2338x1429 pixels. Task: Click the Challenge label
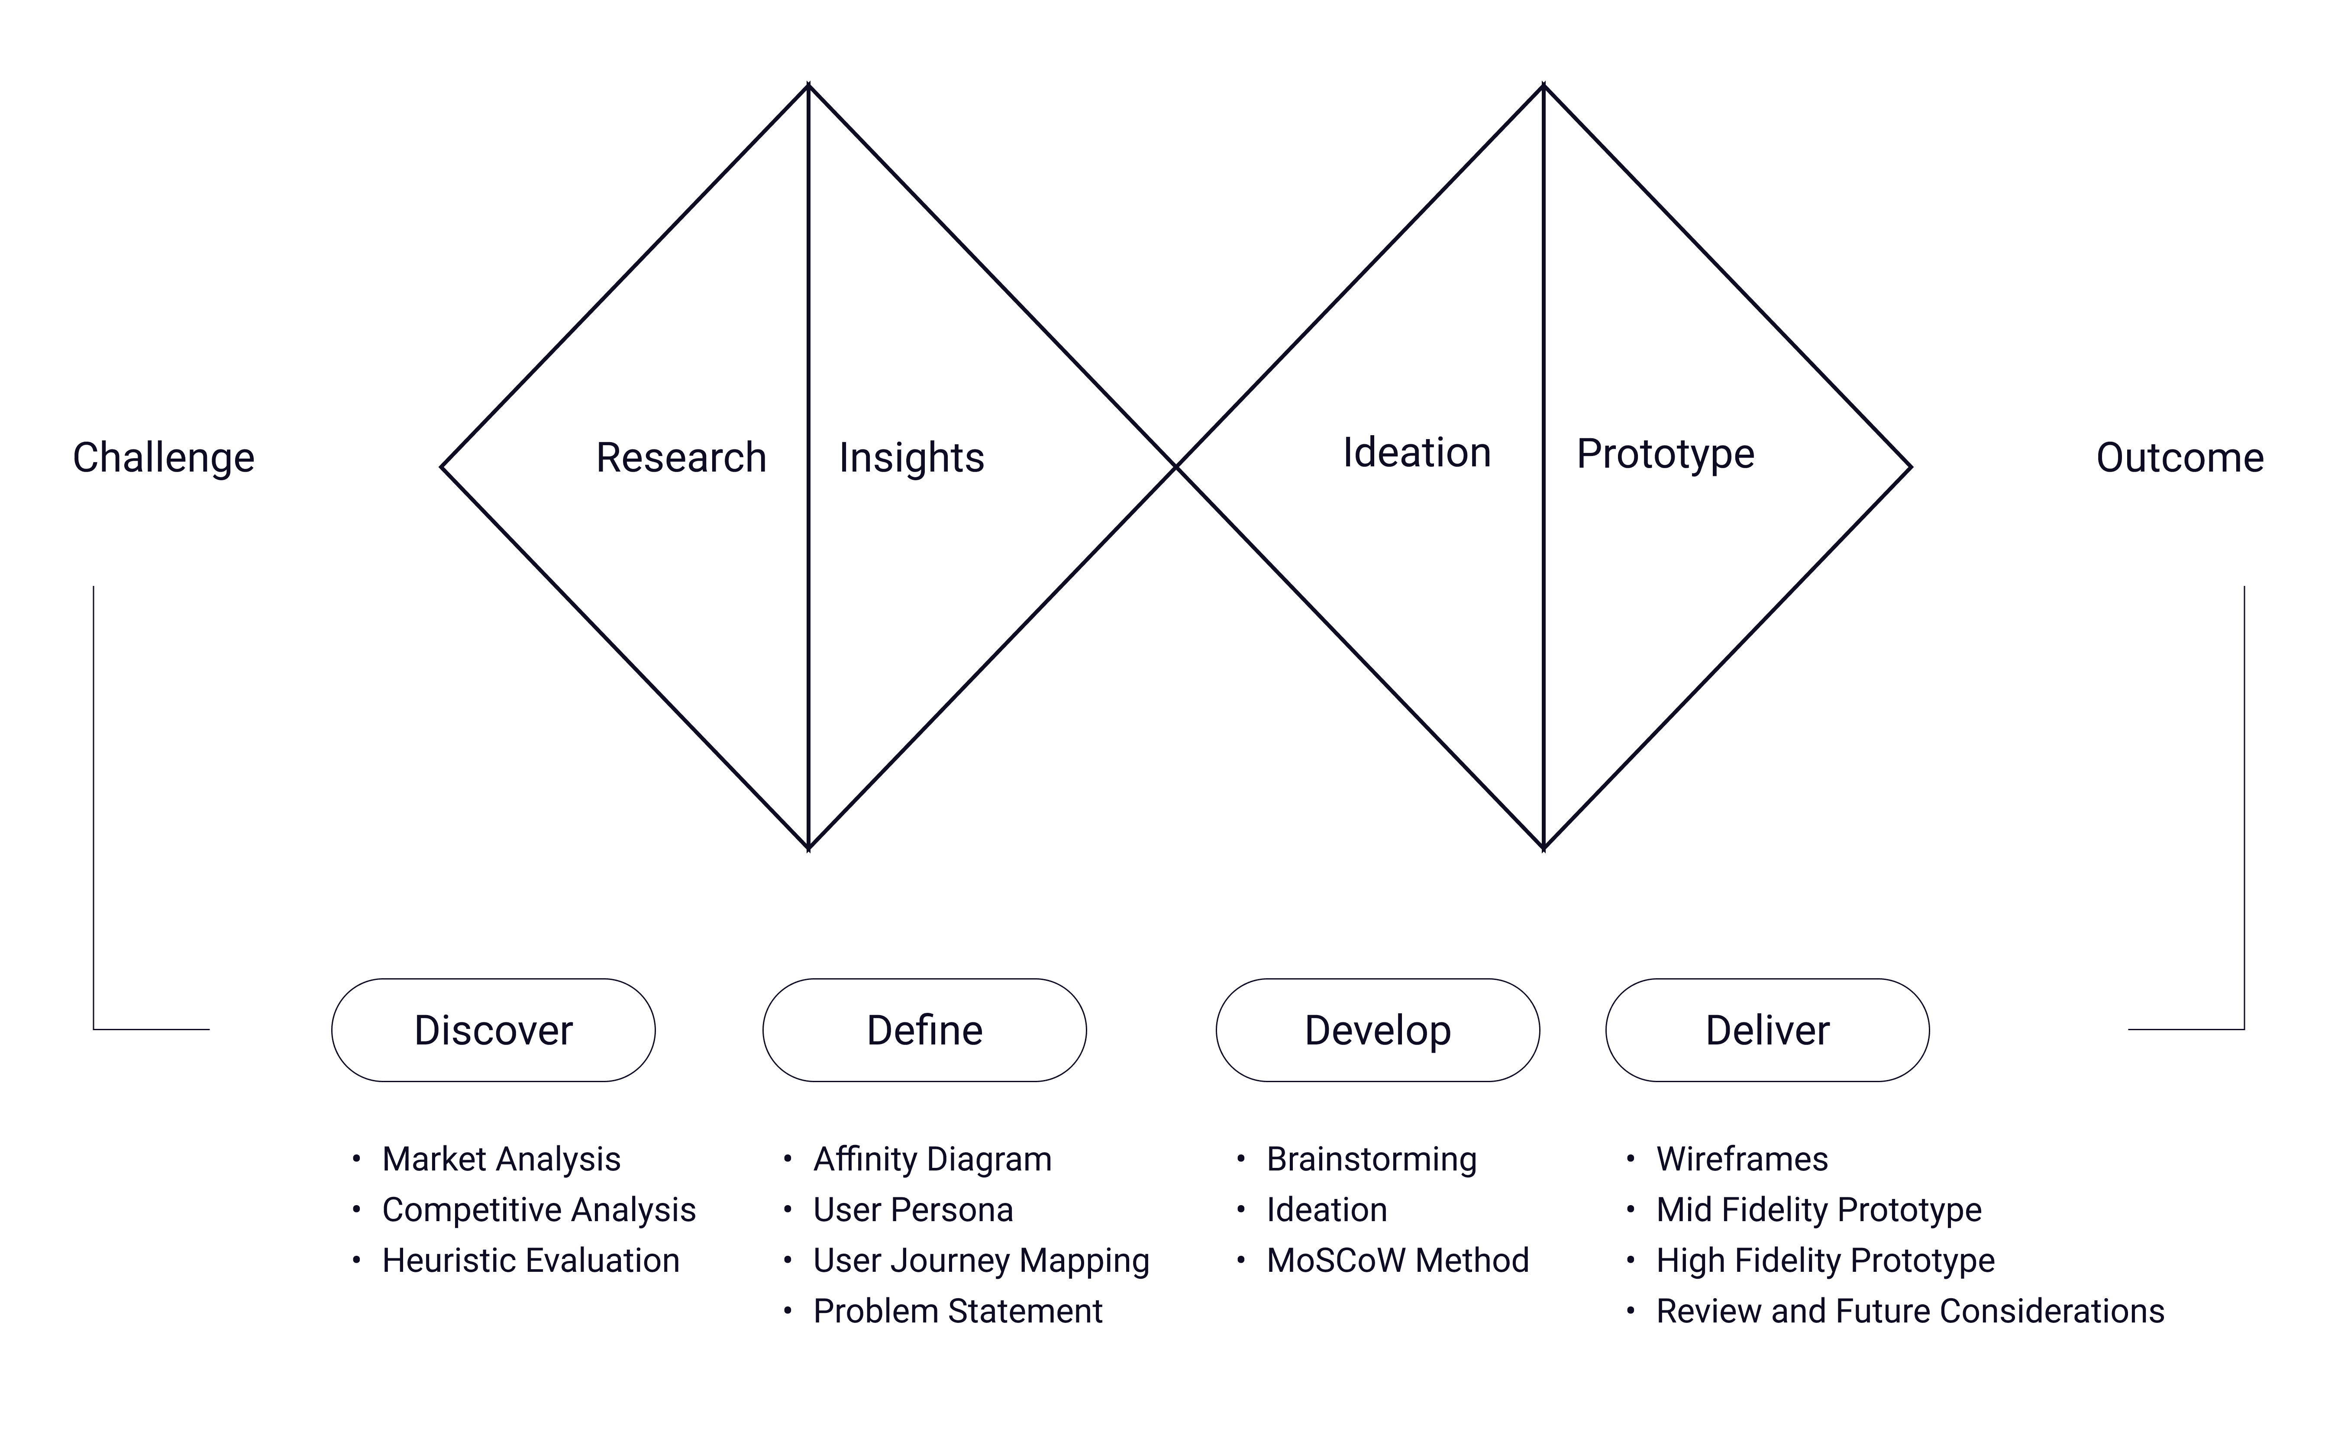click(x=163, y=458)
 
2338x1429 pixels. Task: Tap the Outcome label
click(x=2180, y=458)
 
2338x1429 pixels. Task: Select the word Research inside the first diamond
click(x=680, y=458)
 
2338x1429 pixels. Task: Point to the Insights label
click(x=911, y=458)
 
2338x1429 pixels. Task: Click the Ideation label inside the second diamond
click(x=1417, y=453)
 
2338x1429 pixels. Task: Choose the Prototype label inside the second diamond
click(x=1665, y=455)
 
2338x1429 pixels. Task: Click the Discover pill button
click(x=494, y=1031)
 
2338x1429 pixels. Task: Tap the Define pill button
click(x=924, y=1031)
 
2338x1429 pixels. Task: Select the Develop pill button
click(x=1378, y=1031)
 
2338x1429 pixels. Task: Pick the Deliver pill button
click(x=1767, y=1031)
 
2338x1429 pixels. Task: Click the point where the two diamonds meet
click(x=1175, y=467)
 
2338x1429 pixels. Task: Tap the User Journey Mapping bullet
click(x=981, y=1261)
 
